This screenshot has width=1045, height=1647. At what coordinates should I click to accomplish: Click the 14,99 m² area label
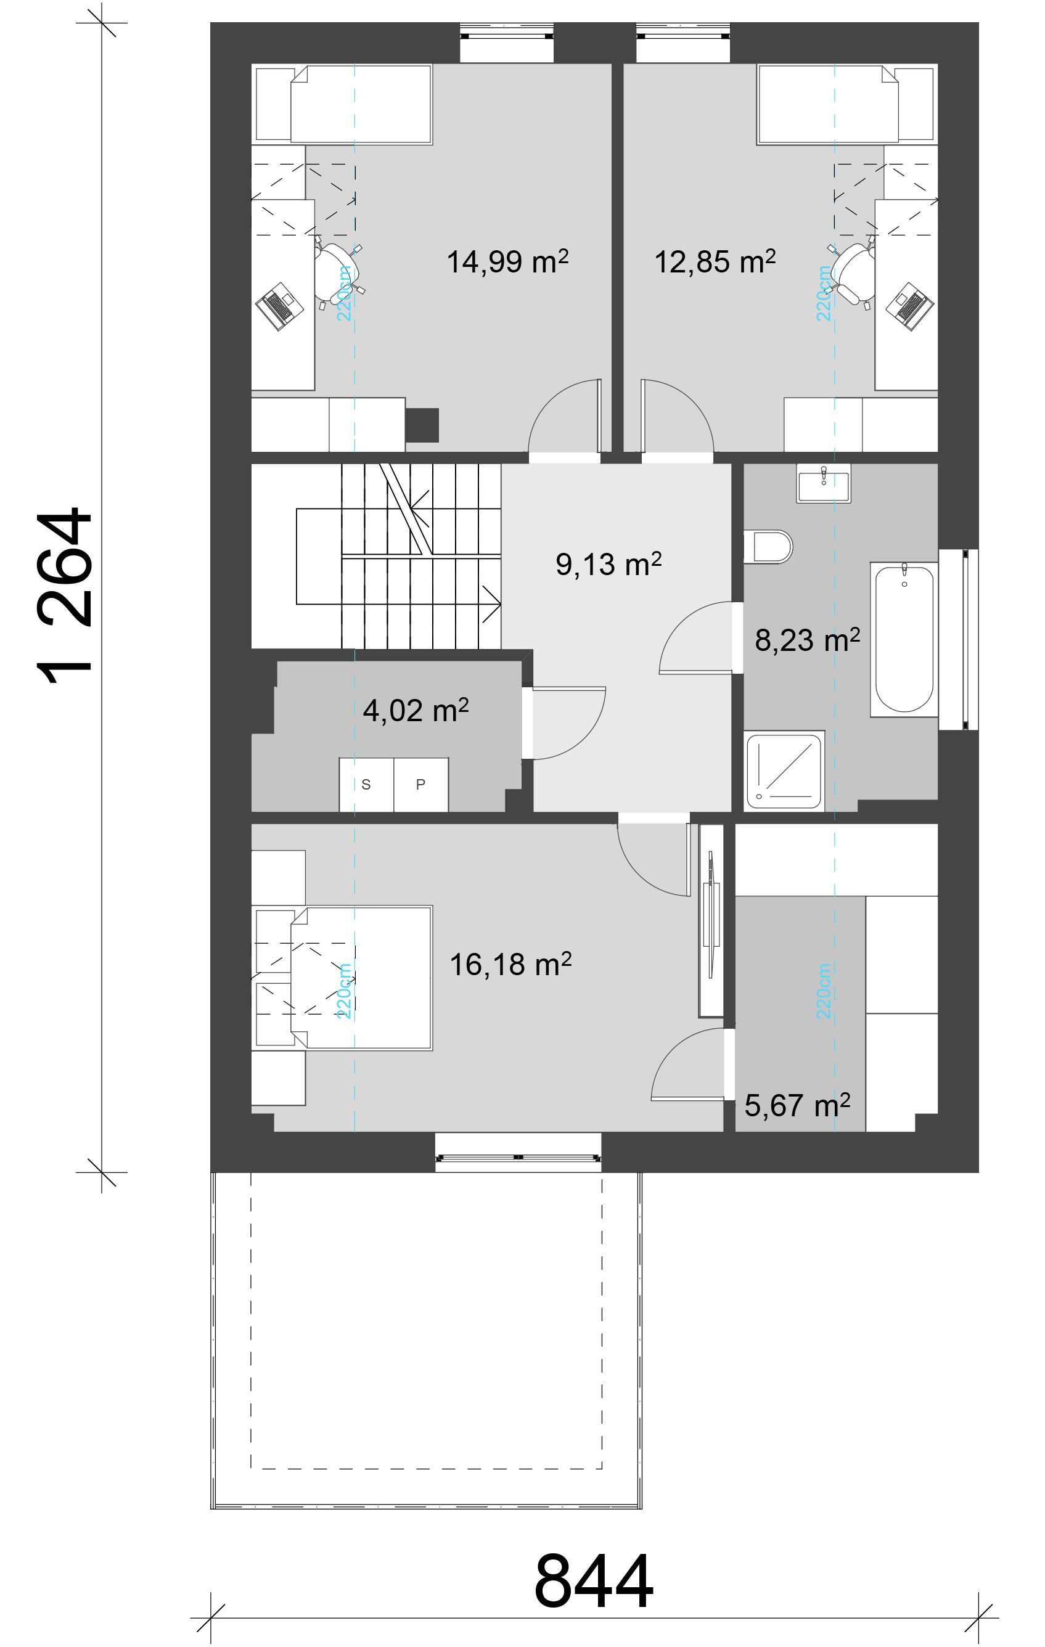point(507,261)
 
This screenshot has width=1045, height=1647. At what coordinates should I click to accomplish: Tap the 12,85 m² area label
point(715,261)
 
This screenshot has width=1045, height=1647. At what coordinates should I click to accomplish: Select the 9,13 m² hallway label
point(609,564)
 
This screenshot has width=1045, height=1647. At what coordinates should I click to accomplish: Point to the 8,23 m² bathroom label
point(808,640)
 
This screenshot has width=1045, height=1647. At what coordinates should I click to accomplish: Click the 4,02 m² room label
point(416,711)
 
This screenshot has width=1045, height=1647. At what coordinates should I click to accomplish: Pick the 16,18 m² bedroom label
point(510,965)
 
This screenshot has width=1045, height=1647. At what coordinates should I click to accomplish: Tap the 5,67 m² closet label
point(797,1106)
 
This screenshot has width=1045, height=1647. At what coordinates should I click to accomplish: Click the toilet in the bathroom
point(768,547)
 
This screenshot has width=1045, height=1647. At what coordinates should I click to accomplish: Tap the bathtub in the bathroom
point(904,640)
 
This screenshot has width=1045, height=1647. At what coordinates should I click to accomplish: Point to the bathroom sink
point(824,483)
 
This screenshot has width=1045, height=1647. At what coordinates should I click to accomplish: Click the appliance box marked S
point(367,785)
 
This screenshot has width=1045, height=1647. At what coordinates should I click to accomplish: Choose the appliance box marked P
point(421,785)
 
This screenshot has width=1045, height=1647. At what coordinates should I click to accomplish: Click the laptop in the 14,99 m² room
point(280,306)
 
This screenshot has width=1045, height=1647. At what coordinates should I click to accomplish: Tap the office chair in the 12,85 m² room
point(851,273)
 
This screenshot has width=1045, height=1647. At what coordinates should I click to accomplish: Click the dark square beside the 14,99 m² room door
point(422,425)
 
